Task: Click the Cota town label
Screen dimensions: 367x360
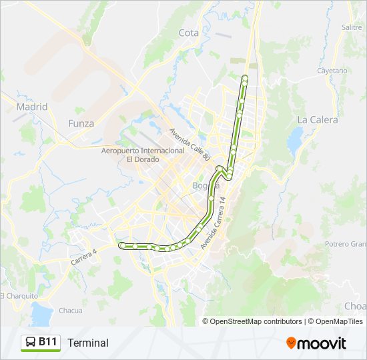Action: tap(189, 33)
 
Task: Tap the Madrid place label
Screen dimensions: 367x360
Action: tap(32, 107)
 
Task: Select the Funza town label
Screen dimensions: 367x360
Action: tap(81, 123)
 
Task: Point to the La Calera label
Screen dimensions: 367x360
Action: tap(318, 120)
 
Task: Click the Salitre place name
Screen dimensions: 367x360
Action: tap(351, 27)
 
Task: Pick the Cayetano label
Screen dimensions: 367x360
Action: tap(333, 70)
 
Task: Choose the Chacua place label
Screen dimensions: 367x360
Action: tap(71, 310)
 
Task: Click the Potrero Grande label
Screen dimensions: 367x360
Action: tap(346, 244)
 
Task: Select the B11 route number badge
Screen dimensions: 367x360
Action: tap(48, 342)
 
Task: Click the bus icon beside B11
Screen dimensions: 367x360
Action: tap(31, 343)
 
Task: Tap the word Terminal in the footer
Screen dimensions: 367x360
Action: tap(87, 343)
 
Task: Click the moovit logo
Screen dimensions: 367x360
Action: tap(316, 343)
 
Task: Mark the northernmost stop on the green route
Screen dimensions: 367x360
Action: tap(245, 79)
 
